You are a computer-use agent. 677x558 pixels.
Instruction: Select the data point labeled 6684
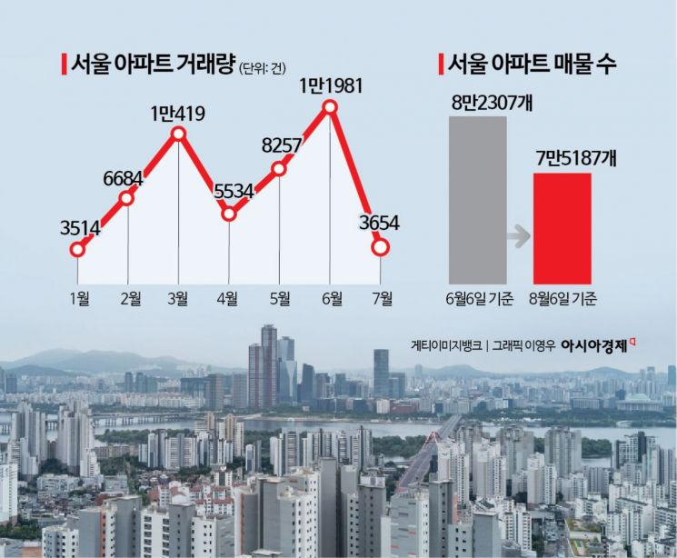click(x=127, y=198)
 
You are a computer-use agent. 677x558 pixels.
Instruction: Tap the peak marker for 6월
click(x=331, y=108)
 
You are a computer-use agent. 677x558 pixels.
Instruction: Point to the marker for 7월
click(x=381, y=246)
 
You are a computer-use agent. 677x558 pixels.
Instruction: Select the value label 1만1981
click(x=331, y=86)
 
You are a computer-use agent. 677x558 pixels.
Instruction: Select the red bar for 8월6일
click(x=561, y=227)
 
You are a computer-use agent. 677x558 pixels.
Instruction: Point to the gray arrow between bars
click(x=518, y=238)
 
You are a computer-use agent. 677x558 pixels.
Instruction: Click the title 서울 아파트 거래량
click(x=148, y=65)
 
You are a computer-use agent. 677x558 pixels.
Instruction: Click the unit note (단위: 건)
click(x=262, y=69)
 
